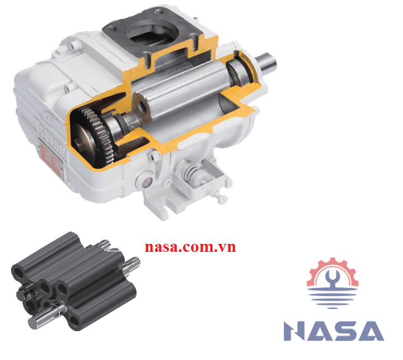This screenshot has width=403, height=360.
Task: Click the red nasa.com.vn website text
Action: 190,247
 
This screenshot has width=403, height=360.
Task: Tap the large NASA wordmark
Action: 334,331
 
